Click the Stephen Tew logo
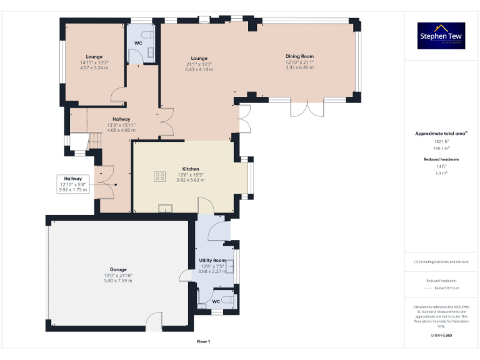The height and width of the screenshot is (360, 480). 441,36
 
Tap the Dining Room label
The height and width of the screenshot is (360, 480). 299,56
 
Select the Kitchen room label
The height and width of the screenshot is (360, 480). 190,169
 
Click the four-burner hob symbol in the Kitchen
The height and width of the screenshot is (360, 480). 159,176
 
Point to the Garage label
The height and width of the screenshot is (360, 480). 119,269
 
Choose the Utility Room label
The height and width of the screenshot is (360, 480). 212,260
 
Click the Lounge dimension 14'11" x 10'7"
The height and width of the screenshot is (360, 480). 94,62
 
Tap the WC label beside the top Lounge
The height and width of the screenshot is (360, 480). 138,43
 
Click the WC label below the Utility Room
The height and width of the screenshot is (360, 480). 215,301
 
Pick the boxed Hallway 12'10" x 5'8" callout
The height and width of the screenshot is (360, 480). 72,184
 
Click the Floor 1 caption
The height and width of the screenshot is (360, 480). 203,341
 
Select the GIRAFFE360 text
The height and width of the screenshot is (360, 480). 441,336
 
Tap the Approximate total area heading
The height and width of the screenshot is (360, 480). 441,133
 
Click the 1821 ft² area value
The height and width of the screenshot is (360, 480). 441,141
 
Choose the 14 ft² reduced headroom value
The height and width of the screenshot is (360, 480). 441,166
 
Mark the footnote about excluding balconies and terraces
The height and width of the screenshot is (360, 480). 441,262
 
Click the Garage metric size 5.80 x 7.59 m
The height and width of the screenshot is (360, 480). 119,281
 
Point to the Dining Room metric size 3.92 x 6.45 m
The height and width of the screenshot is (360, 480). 299,67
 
